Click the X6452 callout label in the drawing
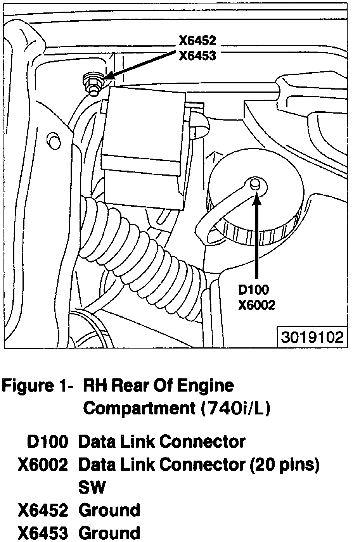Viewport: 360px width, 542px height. click(x=197, y=41)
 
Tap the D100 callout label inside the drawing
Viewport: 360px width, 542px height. click(x=253, y=290)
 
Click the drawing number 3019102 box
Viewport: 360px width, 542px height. click(x=312, y=337)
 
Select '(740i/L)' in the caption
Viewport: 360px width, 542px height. click(x=235, y=408)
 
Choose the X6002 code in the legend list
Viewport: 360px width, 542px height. click(x=43, y=464)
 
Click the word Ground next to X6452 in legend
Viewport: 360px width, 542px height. click(x=109, y=510)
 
